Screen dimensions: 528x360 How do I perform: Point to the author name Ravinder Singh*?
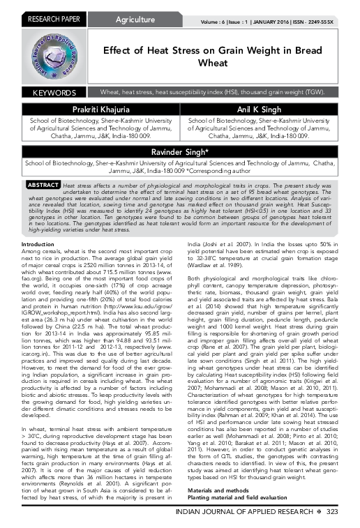coord(181,152)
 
